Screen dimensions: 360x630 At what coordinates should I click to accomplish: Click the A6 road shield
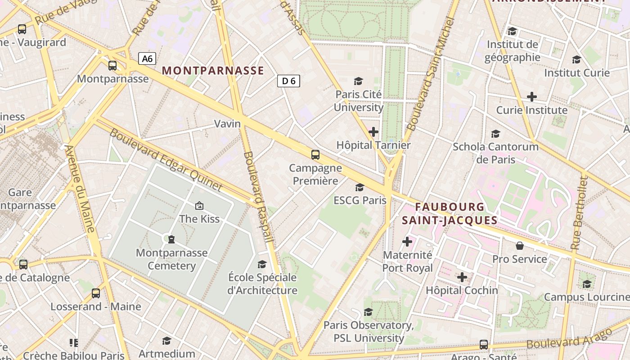[147, 58]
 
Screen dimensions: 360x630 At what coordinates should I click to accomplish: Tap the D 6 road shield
[288, 81]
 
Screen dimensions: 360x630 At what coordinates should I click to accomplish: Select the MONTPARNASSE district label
[213, 71]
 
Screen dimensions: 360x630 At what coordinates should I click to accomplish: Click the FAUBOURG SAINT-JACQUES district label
[450, 214]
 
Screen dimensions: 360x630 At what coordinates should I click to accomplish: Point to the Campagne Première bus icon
[315, 155]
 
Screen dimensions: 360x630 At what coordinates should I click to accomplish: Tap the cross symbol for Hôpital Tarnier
[373, 132]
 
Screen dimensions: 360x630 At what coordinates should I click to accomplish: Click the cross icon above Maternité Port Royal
[407, 242]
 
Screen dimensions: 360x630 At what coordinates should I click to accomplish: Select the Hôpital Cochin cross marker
[462, 277]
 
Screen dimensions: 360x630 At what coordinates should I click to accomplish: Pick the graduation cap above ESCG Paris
[360, 187]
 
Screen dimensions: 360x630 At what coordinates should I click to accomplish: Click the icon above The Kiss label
[199, 206]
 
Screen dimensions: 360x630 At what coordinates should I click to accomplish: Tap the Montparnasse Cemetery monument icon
[171, 239]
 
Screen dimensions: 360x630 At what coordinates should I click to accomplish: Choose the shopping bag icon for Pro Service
[520, 246]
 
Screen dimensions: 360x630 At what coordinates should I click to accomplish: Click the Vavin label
[227, 124]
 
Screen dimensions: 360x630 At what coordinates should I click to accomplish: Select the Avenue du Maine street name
[81, 189]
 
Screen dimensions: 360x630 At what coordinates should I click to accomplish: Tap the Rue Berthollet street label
[579, 213]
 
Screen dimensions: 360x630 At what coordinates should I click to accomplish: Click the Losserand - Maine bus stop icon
[96, 293]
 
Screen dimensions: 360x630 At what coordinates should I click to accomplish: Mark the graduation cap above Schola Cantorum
[495, 134]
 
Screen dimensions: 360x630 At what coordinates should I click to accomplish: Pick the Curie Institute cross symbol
[532, 97]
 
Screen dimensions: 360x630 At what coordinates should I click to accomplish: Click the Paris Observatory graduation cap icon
[368, 312]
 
